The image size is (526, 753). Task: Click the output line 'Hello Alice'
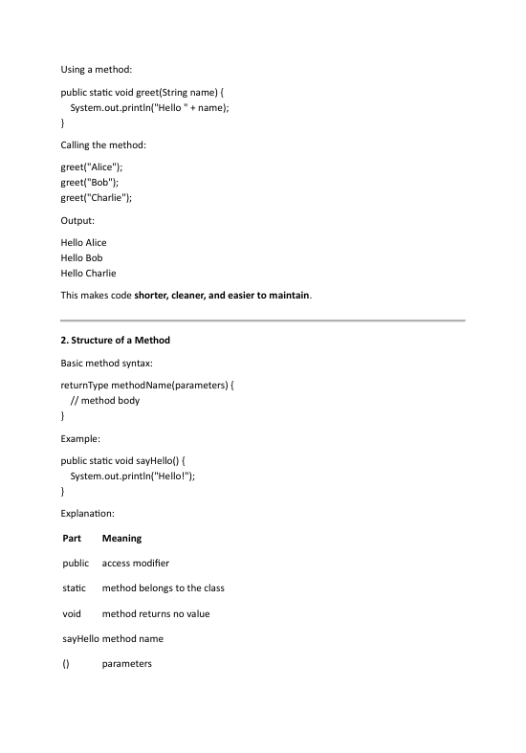84,242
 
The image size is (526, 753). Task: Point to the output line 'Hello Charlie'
88,273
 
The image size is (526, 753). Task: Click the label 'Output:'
78,220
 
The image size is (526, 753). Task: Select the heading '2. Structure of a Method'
116,341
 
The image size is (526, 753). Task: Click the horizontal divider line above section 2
263,320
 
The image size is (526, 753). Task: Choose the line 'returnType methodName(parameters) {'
146,385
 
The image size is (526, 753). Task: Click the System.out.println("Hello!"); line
138,476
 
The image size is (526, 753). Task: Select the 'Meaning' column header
121,539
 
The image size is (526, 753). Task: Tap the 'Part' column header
71,539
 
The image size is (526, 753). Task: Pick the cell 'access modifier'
136,564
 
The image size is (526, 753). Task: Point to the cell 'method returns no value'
156,613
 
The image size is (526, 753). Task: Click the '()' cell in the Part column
66,663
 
